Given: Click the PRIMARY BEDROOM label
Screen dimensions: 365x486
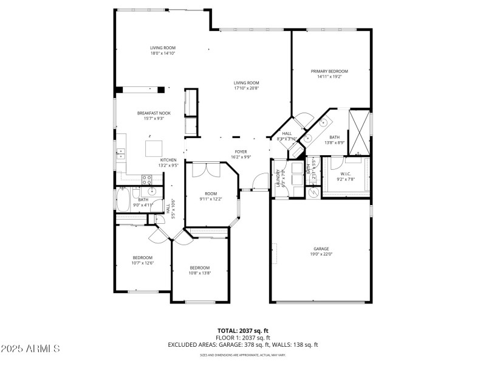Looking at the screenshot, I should tap(329, 71).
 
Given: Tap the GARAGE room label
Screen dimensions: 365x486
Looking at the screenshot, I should tap(321, 249).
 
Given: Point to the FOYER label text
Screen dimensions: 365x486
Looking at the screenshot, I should tap(241, 151).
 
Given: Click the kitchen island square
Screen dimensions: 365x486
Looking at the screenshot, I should tap(153, 148).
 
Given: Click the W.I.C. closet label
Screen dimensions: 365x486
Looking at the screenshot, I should tap(345, 174).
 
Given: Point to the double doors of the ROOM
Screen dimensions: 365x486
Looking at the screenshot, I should tap(203, 170).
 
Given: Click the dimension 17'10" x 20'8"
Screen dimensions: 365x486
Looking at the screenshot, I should tap(247, 88).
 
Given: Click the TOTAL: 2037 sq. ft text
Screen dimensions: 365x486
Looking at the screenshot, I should tap(243, 330).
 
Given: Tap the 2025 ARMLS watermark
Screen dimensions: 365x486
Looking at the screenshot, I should tap(30, 349).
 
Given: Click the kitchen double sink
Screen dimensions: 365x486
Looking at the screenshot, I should tap(120, 152).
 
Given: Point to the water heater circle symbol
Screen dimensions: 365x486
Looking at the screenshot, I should tap(314, 191).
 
